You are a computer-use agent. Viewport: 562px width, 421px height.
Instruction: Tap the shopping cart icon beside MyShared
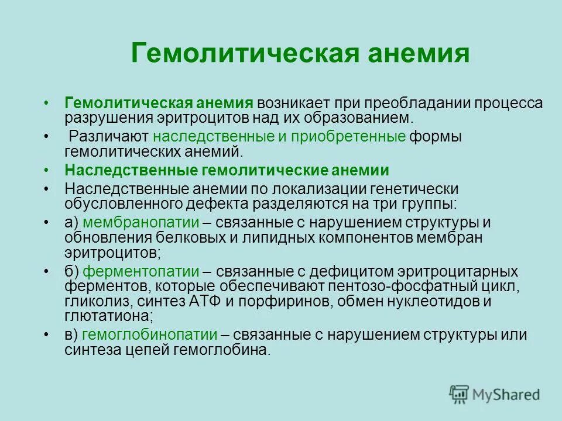coord(459,394)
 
